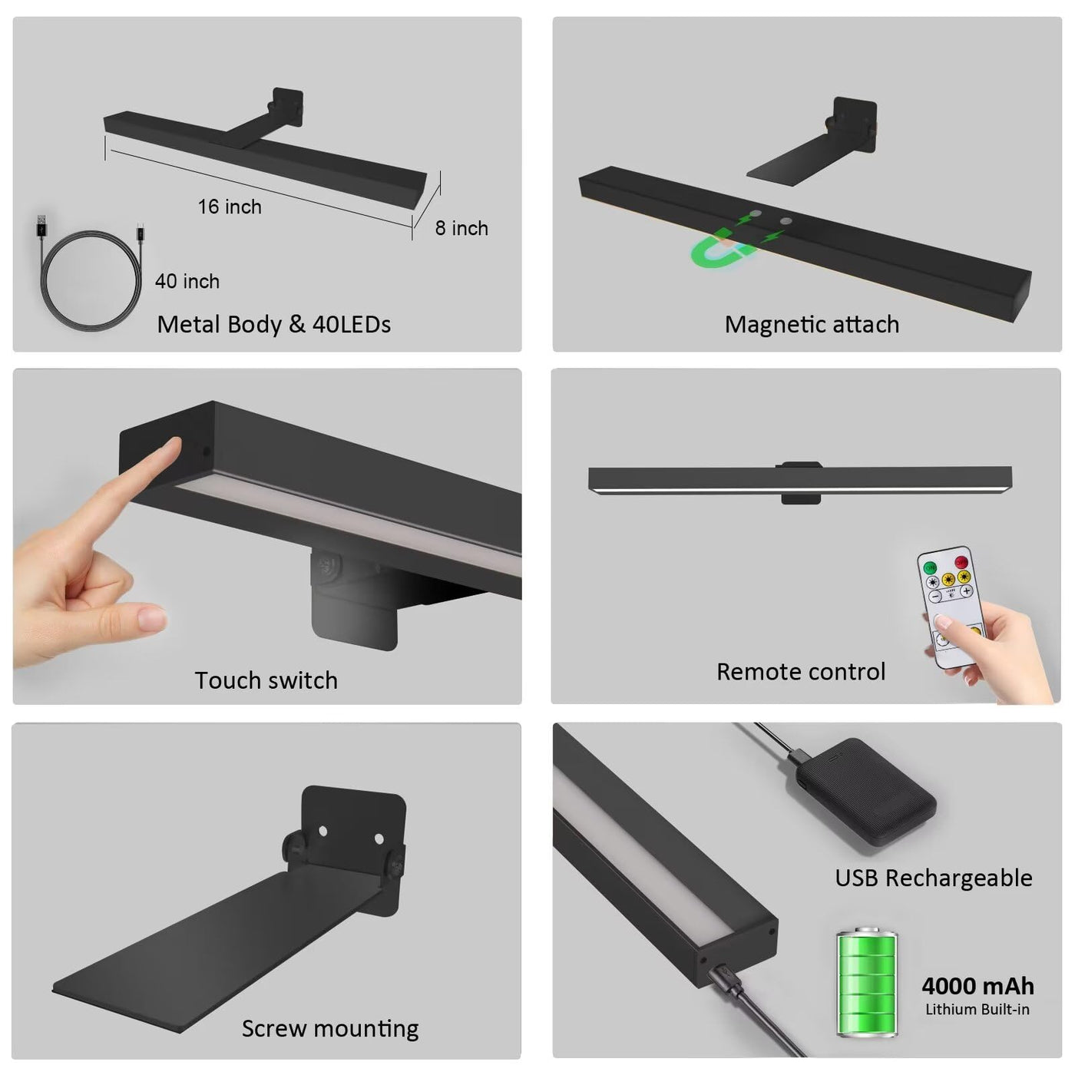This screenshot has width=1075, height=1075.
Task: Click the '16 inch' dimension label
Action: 230,207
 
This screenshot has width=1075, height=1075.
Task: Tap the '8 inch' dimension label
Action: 461,228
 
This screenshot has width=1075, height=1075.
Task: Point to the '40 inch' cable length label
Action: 187,281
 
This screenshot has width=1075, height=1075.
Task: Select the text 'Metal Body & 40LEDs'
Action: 273,324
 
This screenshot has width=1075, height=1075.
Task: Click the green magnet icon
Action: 719,248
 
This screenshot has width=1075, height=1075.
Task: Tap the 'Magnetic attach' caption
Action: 812,325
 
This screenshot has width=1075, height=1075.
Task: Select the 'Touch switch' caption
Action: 266,680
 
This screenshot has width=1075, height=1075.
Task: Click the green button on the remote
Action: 930,568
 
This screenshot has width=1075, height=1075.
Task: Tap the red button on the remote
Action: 961,561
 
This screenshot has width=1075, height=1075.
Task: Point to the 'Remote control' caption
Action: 801,672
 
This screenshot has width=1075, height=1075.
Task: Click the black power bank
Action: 865,792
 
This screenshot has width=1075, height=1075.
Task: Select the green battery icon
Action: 868,982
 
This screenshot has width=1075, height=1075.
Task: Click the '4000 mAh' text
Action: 977,986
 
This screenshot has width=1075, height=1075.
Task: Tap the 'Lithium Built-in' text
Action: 977,1009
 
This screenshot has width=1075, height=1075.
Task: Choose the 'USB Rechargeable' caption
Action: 933,878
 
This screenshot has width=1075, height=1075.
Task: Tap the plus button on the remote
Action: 967,590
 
